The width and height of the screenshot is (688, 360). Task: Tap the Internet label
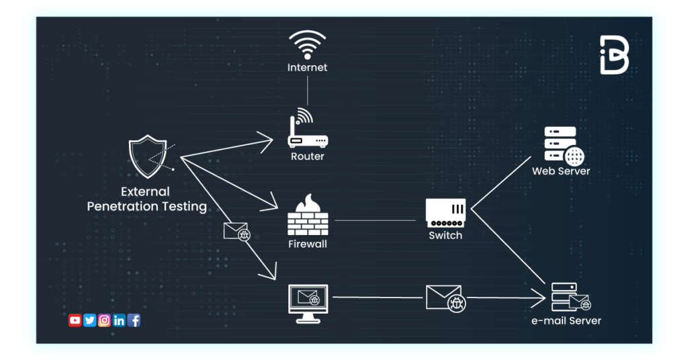click(307, 68)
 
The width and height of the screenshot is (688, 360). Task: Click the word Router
click(307, 156)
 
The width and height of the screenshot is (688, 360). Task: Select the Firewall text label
click(307, 244)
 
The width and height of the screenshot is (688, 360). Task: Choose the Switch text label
click(445, 236)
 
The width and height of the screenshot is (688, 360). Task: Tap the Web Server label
click(561, 171)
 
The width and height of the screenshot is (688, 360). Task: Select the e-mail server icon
click(568, 298)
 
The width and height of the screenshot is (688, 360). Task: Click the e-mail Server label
click(566, 321)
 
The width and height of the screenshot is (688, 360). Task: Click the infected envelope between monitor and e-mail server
click(445, 298)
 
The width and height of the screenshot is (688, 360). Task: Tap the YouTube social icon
click(75, 320)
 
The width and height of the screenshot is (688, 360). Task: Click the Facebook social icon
click(134, 320)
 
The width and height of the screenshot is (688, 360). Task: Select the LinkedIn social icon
click(119, 320)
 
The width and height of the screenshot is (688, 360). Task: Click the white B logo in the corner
click(614, 55)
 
